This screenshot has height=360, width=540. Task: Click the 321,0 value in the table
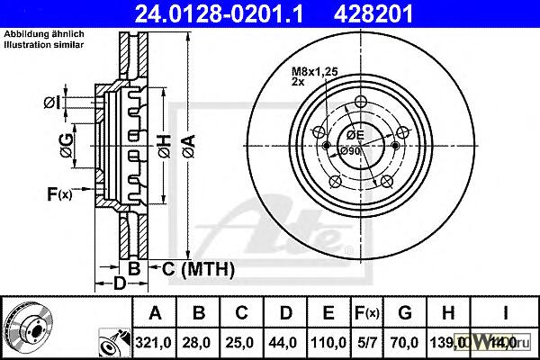click(156, 341)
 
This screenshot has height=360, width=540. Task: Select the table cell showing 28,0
click(200, 341)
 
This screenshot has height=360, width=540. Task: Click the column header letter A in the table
click(156, 313)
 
